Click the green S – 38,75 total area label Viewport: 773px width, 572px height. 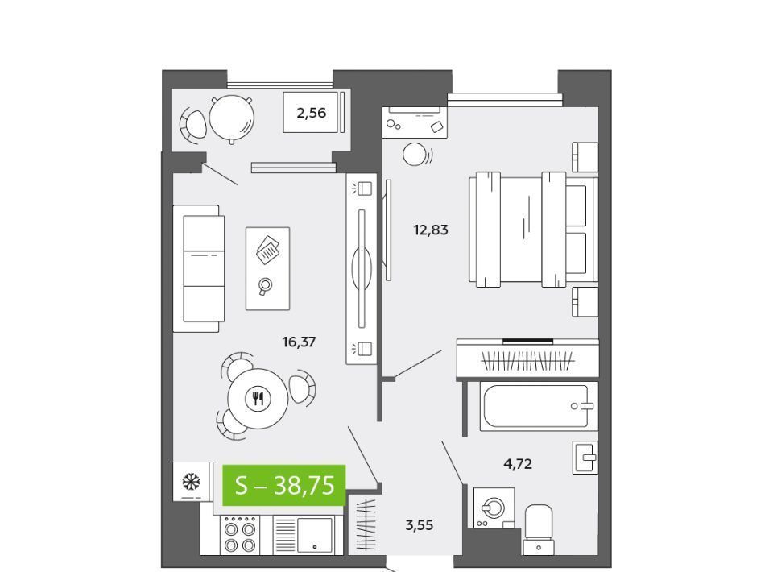(283, 485)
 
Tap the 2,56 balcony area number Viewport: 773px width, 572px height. (311, 113)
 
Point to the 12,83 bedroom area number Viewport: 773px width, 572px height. (431, 230)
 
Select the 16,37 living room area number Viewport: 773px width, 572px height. (299, 342)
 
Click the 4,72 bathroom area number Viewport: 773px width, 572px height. (518, 464)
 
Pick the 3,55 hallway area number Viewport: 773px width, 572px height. (419, 525)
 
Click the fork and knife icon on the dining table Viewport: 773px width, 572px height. (258, 398)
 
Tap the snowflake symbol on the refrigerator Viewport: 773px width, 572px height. (191, 481)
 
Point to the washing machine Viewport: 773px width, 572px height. (494, 508)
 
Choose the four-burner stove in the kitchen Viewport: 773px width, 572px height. (240, 534)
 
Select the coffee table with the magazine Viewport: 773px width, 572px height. (267, 269)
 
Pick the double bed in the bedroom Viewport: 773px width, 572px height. (533, 230)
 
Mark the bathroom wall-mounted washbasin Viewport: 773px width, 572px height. (585, 458)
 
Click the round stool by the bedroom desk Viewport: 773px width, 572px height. (415, 155)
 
